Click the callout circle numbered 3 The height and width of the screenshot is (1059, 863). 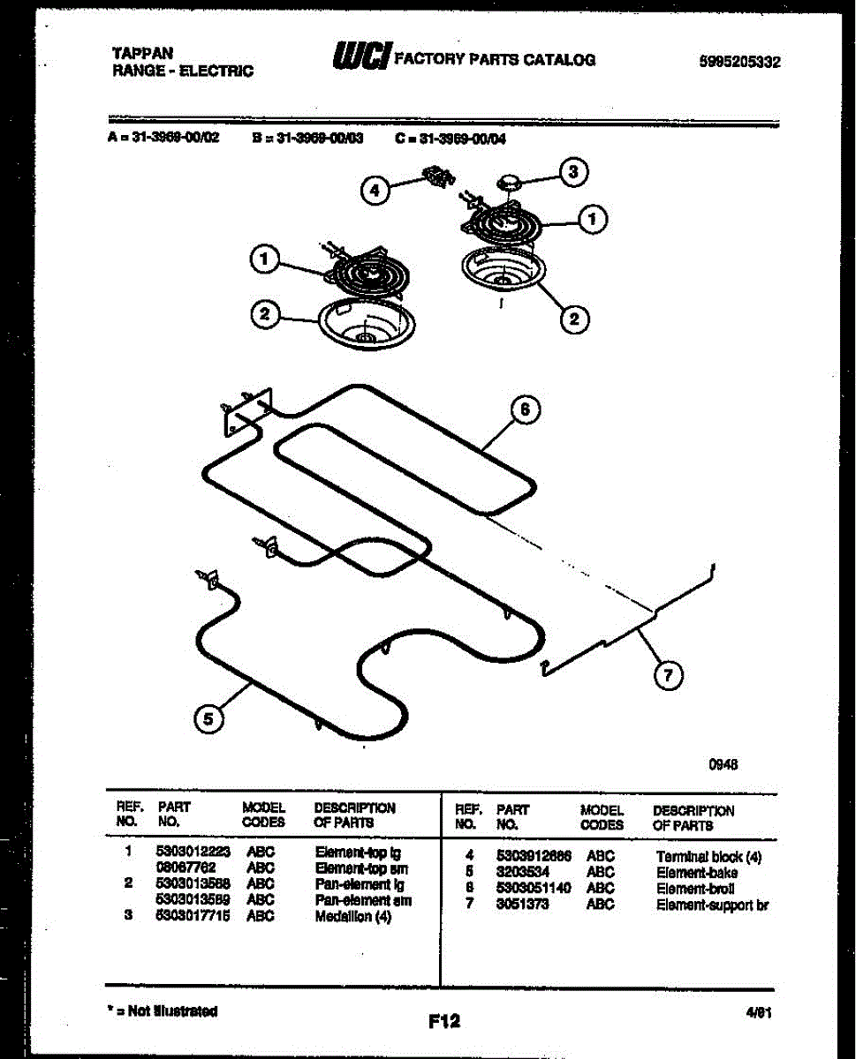[x=573, y=173]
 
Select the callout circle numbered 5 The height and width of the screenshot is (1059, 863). [x=208, y=719]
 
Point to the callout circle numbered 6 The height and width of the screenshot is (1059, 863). [x=525, y=409]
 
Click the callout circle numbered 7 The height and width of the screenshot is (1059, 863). [x=667, y=676]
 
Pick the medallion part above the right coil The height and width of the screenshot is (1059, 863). [x=511, y=183]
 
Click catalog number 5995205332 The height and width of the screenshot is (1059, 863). [x=738, y=62]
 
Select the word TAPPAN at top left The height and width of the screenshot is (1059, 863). [x=142, y=53]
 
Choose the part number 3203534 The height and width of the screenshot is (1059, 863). [x=523, y=872]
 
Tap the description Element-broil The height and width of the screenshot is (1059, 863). [x=694, y=888]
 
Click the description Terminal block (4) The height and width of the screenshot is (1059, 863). [x=708, y=856]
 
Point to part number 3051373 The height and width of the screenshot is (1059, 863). [x=523, y=904]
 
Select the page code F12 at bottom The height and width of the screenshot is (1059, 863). [x=443, y=1021]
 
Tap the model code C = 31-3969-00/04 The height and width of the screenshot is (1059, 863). [x=450, y=138]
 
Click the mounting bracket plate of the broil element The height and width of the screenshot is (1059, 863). [x=246, y=410]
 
